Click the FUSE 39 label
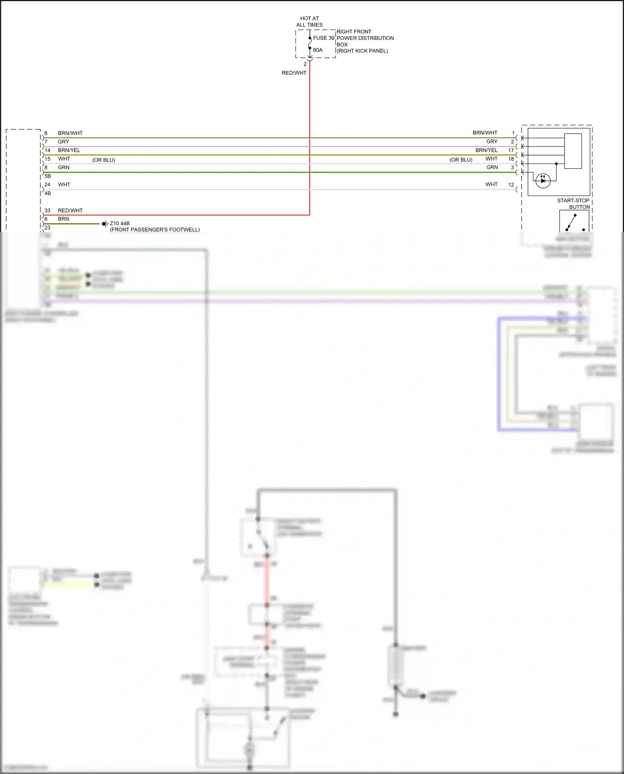click(x=323, y=38)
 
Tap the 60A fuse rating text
click(x=318, y=50)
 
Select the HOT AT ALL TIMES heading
click(x=309, y=22)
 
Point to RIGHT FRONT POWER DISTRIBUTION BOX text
click(x=364, y=41)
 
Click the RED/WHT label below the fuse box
click(x=294, y=73)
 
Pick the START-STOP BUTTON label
click(x=573, y=203)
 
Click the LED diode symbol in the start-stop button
click(x=543, y=181)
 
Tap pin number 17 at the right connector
click(x=511, y=151)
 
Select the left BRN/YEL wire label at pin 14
click(x=69, y=150)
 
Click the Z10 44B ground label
click(x=120, y=223)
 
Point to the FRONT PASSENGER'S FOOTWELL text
click(x=155, y=230)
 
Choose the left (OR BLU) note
click(x=104, y=160)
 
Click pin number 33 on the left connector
click(x=47, y=210)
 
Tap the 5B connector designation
click(x=47, y=176)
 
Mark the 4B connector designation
click(x=47, y=193)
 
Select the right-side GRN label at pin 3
click(x=492, y=167)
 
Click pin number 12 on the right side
click(x=511, y=185)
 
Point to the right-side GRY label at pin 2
click(x=492, y=141)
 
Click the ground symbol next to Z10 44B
click(x=104, y=224)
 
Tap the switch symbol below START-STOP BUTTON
click(x=574, y=222)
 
